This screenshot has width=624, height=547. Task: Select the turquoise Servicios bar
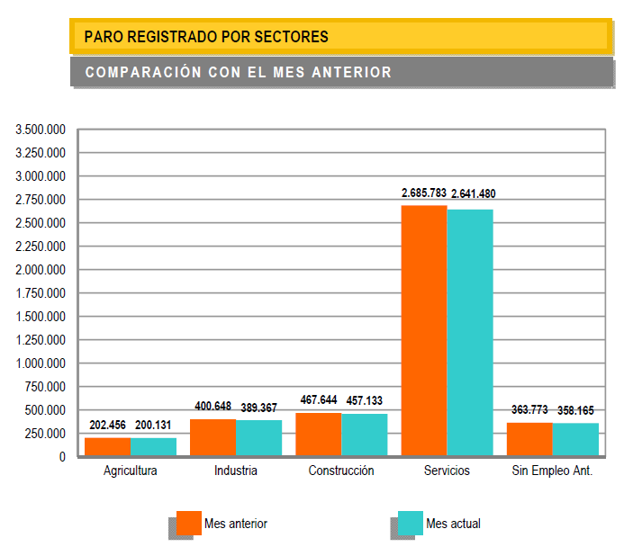[470, 332]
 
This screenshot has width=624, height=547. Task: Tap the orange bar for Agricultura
[107, 446]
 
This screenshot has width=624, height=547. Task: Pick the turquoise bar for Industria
[259, 438]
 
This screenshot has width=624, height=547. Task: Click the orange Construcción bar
[319, 435]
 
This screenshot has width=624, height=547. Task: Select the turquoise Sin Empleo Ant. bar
[575, 439]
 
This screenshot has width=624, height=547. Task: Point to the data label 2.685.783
[424, 193]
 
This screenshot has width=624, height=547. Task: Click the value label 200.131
[153, 426]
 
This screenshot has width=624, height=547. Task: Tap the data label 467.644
[319, 399]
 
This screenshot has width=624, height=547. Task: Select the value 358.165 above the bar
[575, 410]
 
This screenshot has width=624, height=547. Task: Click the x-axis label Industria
[236, 471]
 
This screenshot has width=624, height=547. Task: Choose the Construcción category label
[341, 471]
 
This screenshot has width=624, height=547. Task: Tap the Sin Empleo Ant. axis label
[552, 471]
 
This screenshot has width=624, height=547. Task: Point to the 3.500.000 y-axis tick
[41, 130]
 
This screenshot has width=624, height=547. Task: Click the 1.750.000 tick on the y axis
[41, 293]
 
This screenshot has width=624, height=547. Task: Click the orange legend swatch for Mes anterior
[188, 523]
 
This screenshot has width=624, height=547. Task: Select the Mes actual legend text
[453, 524]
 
